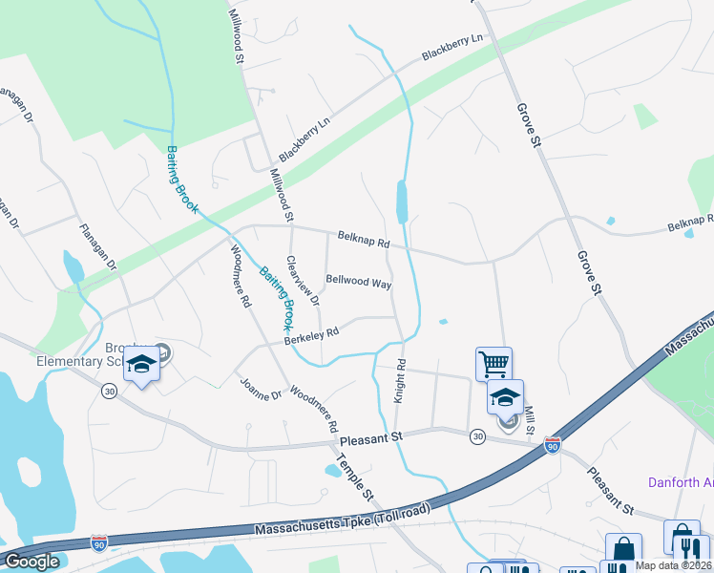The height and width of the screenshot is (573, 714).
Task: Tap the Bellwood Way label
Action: coord(358,283)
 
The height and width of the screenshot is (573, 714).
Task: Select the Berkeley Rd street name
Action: coord(312,336)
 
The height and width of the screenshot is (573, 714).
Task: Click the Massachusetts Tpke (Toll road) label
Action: coord(343,521)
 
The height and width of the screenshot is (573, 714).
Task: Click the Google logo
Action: coord(31,562)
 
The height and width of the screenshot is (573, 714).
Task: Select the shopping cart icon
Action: coord(493,362)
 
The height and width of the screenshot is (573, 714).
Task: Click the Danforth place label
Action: coord(681,482)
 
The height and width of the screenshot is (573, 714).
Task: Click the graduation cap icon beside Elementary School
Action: coord(141,365)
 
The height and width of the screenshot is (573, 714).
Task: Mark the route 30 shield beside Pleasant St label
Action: coord(477,436)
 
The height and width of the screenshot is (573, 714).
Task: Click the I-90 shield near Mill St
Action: coord(552,445)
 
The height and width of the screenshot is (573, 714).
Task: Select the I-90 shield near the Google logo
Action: coord(98,541)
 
